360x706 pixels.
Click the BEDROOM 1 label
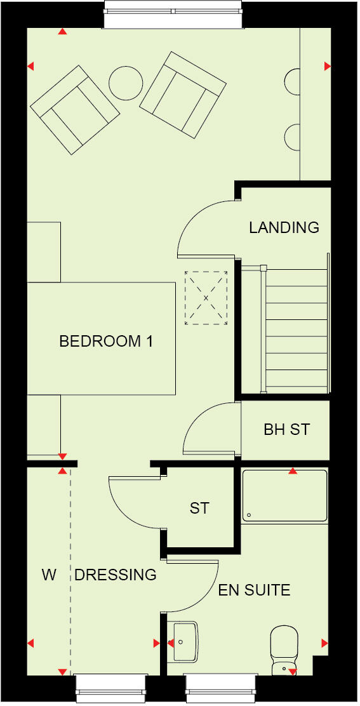106,342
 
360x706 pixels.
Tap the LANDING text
284,227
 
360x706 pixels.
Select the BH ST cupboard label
286,430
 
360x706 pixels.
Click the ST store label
199,509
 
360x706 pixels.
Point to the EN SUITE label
254,590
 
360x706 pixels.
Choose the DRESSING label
116,575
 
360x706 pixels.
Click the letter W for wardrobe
49,575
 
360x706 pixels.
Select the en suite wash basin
184,641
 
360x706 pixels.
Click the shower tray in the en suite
284,495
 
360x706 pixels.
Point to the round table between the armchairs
126,82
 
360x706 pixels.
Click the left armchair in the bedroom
75,110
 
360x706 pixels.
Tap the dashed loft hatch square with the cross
206,298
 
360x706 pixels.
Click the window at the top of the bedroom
173,14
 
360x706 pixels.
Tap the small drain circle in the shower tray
250,515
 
